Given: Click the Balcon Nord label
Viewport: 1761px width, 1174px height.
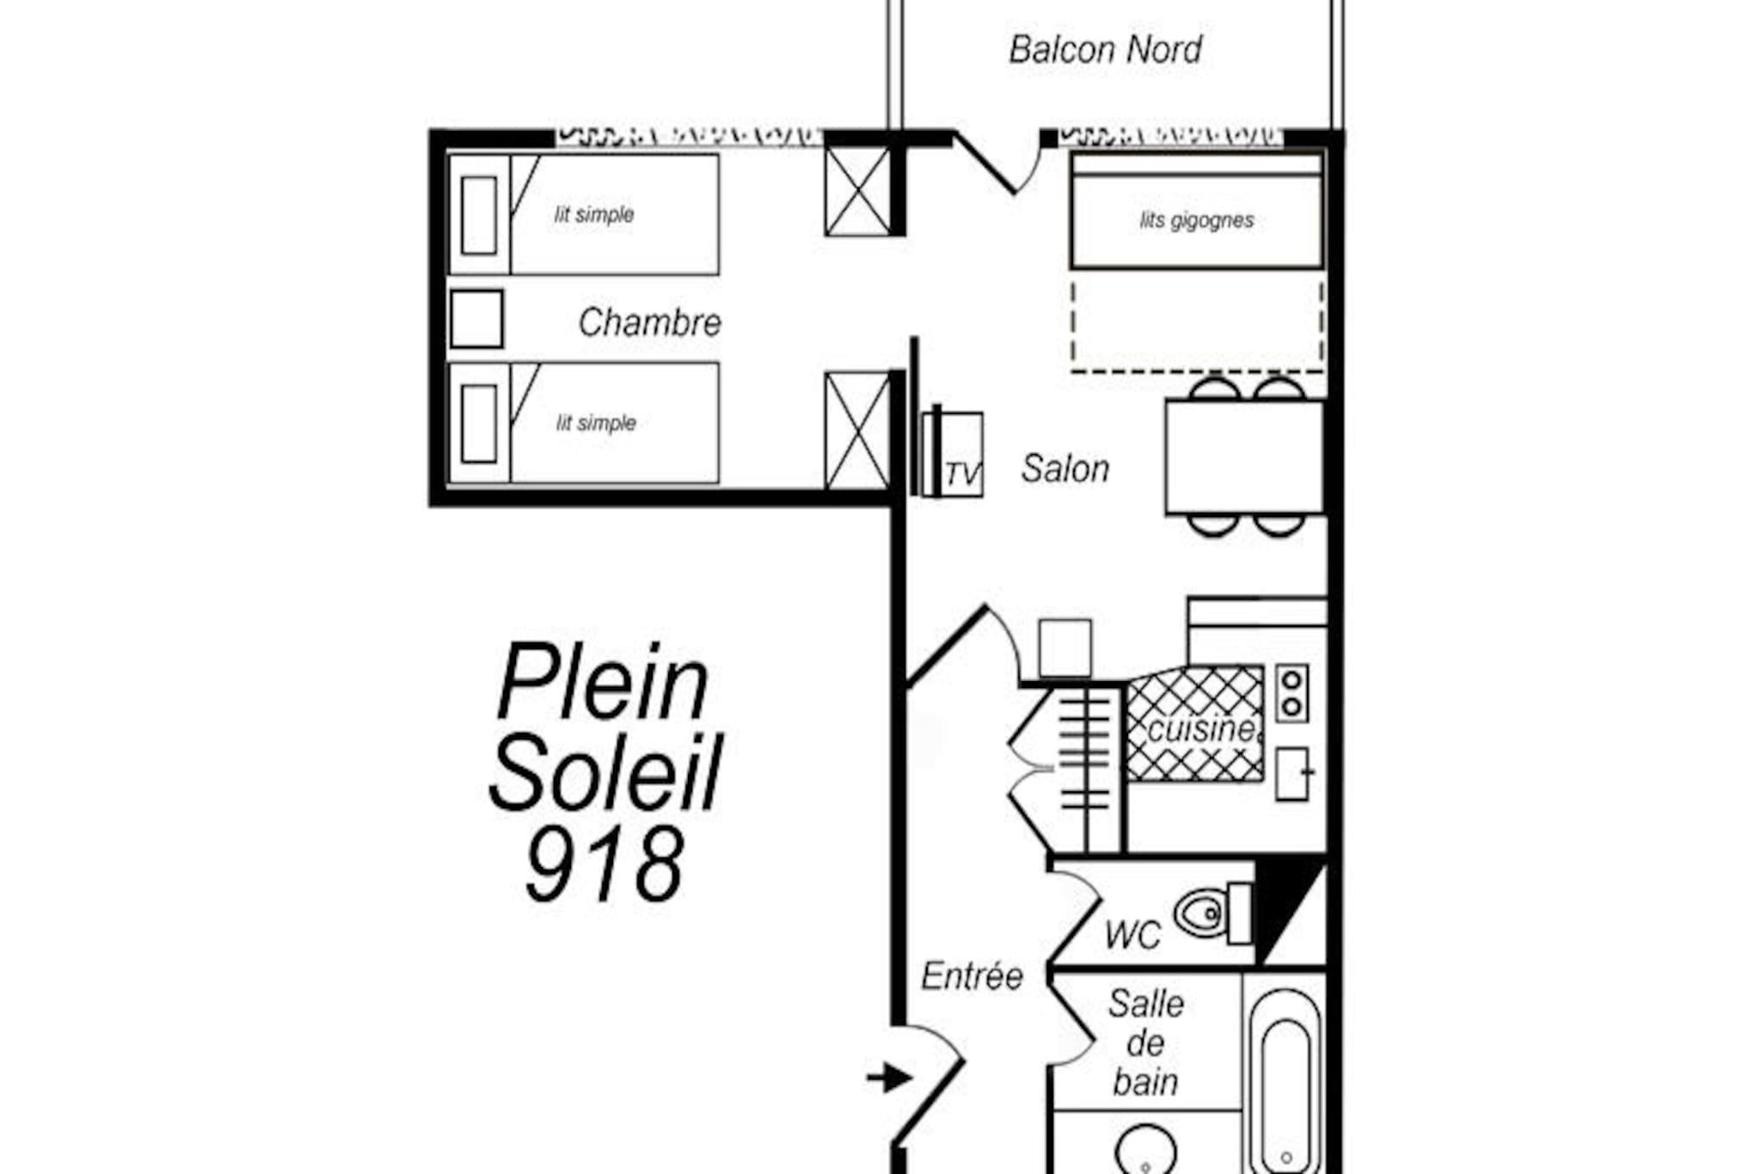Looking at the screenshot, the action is (1105, 50).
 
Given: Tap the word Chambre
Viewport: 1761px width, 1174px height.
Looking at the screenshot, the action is (649, 323).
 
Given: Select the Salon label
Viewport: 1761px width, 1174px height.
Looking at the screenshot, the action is (1065, 469).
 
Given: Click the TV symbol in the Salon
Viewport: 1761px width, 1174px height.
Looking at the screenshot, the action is (953, 453).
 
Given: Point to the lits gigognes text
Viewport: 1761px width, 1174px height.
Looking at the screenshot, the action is (1196, 220).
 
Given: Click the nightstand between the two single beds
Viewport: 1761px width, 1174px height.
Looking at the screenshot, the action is (476, 319).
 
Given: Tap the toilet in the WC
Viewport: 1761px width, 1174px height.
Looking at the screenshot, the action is (1213, 912).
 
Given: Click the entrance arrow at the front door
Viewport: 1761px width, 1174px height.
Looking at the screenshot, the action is (889, 1077).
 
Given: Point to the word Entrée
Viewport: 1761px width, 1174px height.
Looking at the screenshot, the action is (972, 976).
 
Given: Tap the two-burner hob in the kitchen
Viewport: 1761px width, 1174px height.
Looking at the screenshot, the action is (1292, 693).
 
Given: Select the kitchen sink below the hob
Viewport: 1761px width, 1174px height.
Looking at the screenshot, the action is (1292, 774).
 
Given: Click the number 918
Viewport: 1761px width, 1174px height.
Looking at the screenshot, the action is (604, 864).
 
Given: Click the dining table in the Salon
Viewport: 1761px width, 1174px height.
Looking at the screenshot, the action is (1244, 458).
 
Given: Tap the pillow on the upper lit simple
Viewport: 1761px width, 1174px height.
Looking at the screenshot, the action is (479, 215).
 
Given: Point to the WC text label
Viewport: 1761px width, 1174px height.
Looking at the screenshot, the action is (1132, 935).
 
